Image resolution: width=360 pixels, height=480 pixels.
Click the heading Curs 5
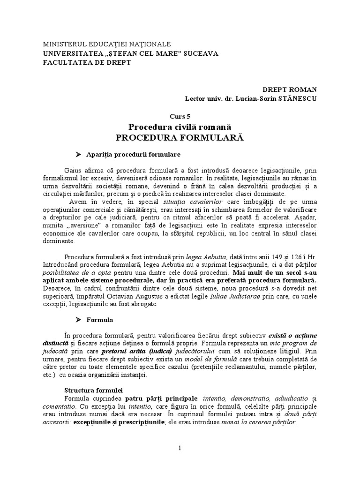pos(180,117)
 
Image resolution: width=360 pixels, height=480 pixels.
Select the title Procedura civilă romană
pos(180,127)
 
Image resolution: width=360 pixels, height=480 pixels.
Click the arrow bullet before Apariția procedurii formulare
pos(79,154)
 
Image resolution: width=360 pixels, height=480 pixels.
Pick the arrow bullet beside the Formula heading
pos(79,320)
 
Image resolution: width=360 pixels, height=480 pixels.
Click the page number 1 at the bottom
pos(180,448)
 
